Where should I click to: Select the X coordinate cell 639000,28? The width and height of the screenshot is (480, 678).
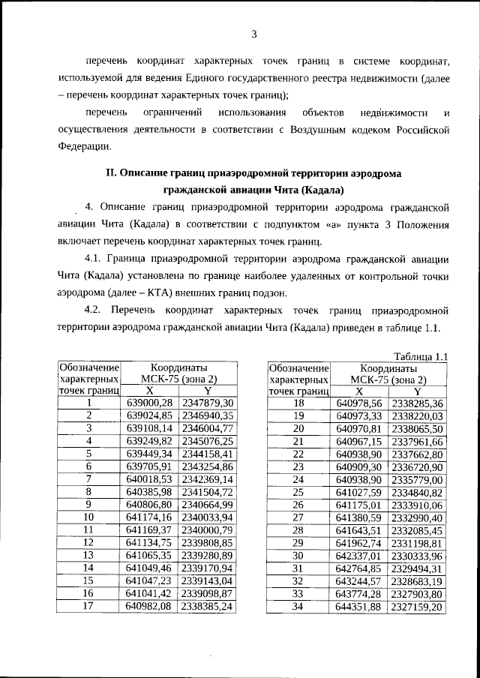click(x=148, y=403)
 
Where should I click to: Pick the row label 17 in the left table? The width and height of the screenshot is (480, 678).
click(x=88, y=606)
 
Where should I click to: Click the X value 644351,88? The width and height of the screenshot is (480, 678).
click(x=359, y=606)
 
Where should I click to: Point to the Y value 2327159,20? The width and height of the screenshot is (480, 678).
click(x=417, y=606)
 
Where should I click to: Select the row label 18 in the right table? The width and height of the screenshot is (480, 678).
click(x=298, y=403)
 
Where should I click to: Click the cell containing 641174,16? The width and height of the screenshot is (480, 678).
click(x=148, y=517)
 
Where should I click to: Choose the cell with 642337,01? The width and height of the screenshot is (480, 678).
click(x=359, y=555)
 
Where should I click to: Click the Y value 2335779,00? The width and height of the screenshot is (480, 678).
click(x=417, y=479)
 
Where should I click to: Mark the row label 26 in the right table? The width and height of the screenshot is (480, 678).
click(x=298, y=504)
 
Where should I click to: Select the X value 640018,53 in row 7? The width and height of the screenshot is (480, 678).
click(x=148, y=479)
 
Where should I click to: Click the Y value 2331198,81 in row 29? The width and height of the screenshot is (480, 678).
click(x=417, y=542)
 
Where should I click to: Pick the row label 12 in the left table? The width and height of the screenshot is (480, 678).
click(x=88, y=542)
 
